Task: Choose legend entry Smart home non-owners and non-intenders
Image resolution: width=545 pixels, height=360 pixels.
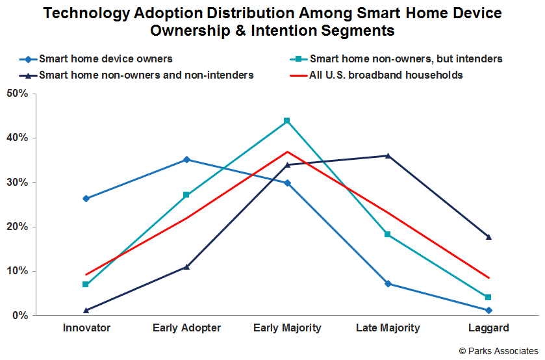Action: click(x=146, y=75)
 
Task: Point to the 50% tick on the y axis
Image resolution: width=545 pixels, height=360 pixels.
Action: click(x=18, y=94)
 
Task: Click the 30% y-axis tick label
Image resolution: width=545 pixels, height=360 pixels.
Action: click(x=18, y=183)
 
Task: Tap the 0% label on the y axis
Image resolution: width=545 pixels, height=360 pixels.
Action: click(x=20, y=316)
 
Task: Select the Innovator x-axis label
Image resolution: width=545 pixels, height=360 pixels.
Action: click(x=86, y=328)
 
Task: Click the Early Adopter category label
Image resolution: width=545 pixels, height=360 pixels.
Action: click(x=186, y=328)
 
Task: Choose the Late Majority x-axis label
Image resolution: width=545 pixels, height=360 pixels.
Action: click(x=388, y=328)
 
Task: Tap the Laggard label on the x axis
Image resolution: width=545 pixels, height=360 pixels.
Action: click(x=488, y=328)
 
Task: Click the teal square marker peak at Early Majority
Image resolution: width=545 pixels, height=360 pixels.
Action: click(x=287, y=121)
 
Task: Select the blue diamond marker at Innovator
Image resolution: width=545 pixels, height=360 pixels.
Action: click(x=86, y=199)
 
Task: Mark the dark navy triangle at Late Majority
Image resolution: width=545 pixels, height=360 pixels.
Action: click(x=388, y=155)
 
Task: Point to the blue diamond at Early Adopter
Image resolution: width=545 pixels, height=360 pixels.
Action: click(x=186, y=159)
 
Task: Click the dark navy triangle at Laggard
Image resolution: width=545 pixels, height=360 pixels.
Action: click(x=488, y=237)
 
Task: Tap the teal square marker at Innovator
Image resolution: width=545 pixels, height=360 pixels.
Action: click(x=86, y=285)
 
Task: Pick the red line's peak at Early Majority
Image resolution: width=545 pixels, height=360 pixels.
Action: click(x=287, y=151)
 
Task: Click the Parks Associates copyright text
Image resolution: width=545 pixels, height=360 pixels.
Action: click(x=498, y=351)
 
